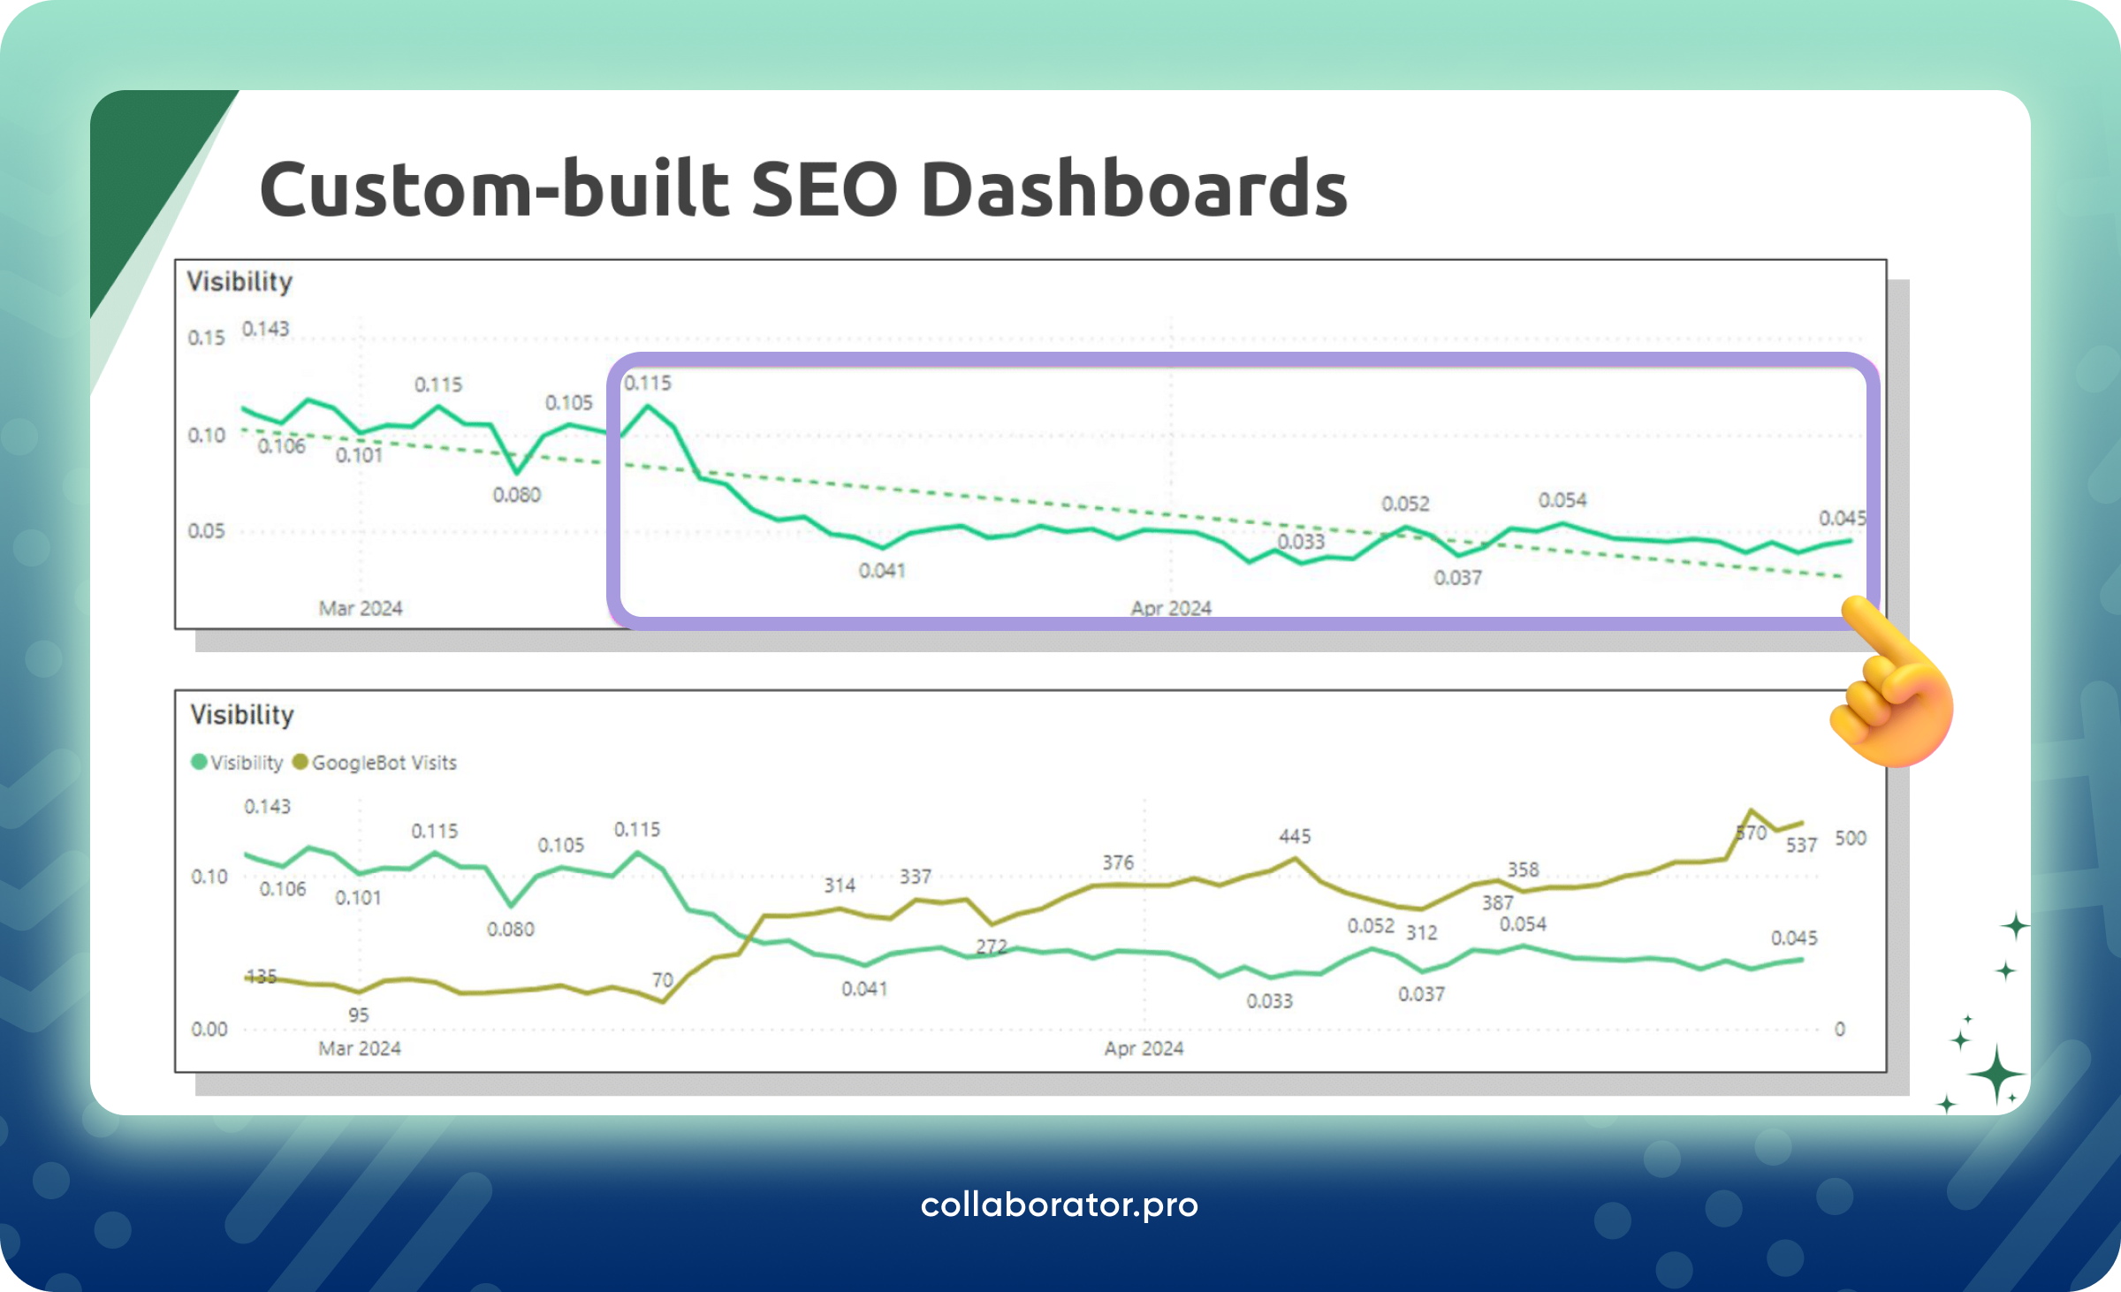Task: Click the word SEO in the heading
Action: point(824,190)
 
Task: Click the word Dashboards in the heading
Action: point(1134,190)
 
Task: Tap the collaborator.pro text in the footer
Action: point(1059,1205)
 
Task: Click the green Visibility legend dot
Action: point(199,762)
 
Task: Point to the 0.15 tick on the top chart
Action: point(206,338)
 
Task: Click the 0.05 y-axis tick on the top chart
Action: point(206,531)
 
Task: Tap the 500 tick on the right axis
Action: point(1851,838)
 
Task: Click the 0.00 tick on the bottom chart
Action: point(209,1030)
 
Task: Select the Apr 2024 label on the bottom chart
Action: point(1144,1049)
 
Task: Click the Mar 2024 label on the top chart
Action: point(361,608)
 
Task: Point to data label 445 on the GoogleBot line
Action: point(1295,836)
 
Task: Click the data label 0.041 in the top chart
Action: point(882,571)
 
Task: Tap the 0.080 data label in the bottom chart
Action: point(511,930)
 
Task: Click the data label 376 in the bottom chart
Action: point(1118,863)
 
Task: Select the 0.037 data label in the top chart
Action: point(1457,578)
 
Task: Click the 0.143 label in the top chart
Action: point(266,329)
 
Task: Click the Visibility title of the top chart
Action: point(239,282)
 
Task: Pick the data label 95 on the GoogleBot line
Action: point(358,1015)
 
